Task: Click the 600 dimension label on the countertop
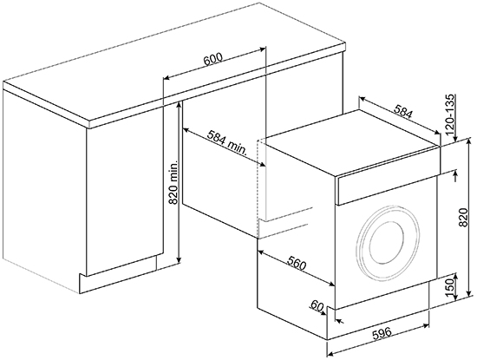213,60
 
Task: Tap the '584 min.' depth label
226,141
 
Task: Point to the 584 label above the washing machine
403,111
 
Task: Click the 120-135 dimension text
450,115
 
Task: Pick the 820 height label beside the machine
463,218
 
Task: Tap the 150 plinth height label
450,285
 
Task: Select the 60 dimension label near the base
317,306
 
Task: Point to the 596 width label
382,332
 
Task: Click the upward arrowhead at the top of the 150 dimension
455,276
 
